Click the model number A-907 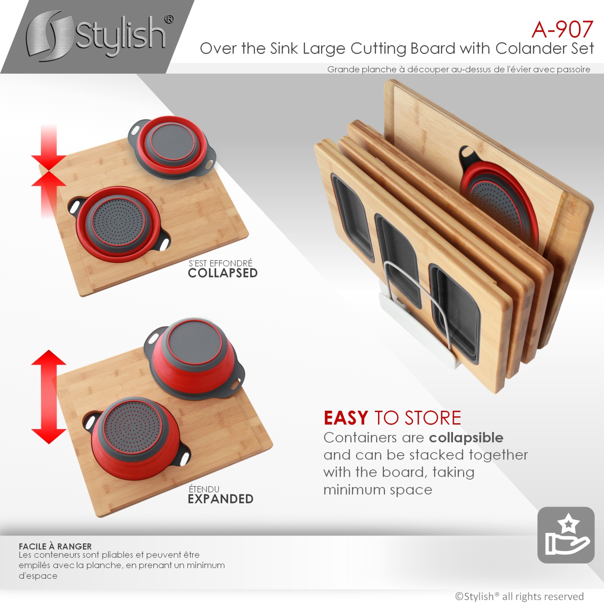coord(562,29)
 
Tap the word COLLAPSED coord(223,273)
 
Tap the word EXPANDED coord(220,499)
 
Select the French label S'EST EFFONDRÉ coord(220,263)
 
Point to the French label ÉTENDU coord(204,489)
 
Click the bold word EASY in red coord(346,418)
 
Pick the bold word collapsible coord(466,437)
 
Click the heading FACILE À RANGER coord(55,546)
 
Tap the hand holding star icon coord(566,535)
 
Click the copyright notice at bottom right coord(519,596)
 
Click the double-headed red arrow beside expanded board coord(49,397)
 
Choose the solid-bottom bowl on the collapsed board coord(172,147)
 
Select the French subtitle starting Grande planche coord(458,69)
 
